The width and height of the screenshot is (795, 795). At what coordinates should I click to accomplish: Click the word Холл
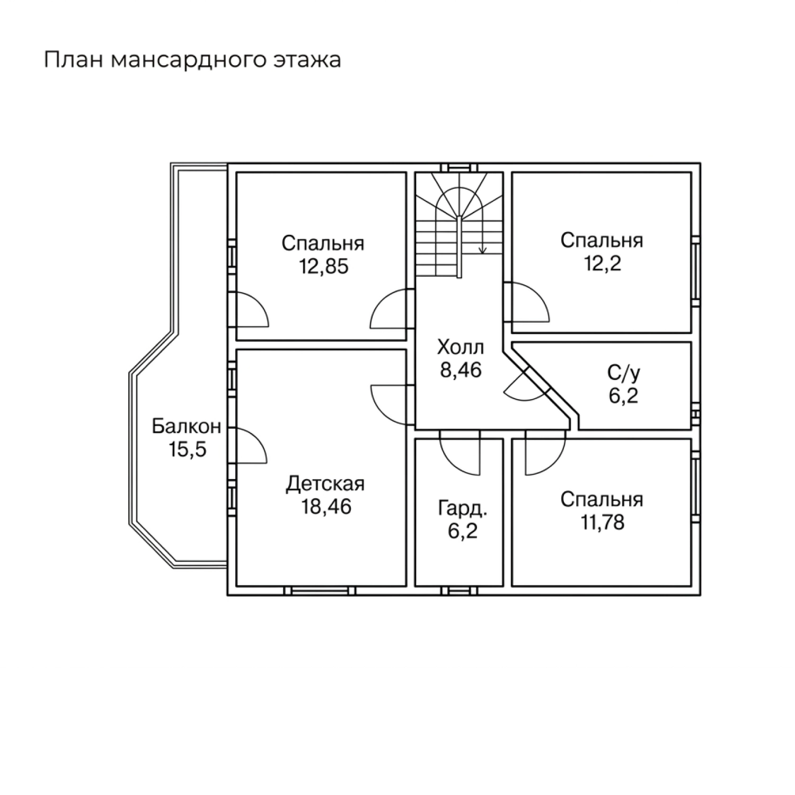pos(460,348)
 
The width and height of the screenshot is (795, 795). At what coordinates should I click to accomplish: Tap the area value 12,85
pos(323,267)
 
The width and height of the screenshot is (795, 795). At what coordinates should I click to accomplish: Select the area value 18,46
pos(326,507)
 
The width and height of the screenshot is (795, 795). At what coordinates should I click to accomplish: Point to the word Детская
pos(325,484)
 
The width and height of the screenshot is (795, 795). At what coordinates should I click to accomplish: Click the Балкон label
pos(186,427)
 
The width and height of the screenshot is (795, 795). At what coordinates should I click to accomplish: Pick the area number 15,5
pos(188,450)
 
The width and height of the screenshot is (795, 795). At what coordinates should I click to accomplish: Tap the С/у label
pos(623,373)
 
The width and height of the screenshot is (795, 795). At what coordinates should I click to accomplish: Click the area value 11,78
pos(602,523)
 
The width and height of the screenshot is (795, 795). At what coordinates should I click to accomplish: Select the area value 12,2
pos(602,263)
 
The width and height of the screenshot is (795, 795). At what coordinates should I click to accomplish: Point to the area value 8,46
pos(461,370)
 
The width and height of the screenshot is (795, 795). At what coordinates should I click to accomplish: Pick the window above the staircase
pos(459,167)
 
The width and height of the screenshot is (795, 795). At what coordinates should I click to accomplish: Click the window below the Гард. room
pos(458,591)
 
